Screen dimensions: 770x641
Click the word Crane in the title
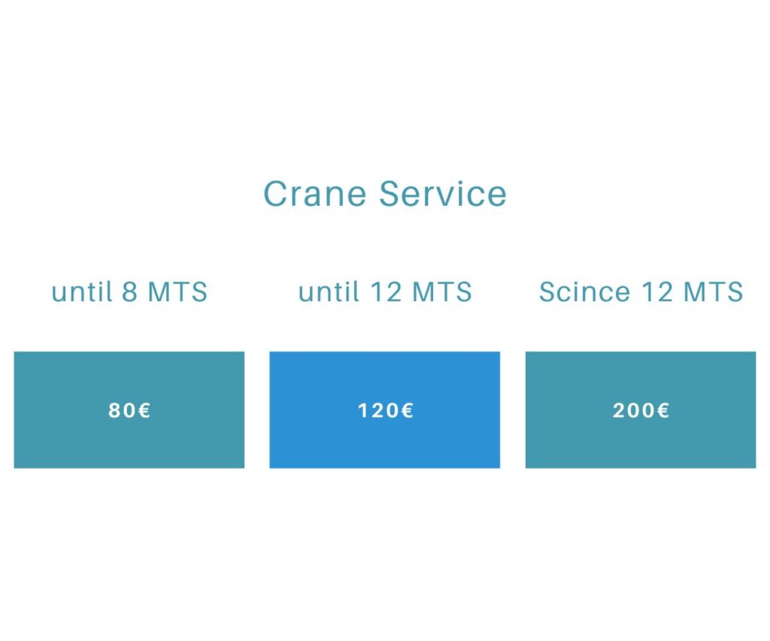(x=315, y=193)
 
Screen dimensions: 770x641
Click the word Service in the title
(x=442, y=193)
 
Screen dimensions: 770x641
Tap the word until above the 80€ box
(x=82, y=292)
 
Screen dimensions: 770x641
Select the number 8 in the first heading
(x=129, y=292)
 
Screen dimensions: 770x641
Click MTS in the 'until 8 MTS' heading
(x=177, y=292)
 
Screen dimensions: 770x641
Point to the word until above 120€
(x=329, y=292)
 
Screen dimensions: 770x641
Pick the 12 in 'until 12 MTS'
(x=386, y=292)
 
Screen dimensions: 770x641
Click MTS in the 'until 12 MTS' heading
(x=442, y=292)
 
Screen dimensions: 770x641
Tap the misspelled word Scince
(x=584, y=292)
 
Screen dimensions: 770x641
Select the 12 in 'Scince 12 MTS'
(x=657, y=292)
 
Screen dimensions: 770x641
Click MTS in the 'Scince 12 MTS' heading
(x=714, y=292)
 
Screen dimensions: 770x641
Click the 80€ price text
(x=129, y=410)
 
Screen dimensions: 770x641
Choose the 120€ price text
(x=386, y=410)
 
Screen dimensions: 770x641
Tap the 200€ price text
(x=641, y=410)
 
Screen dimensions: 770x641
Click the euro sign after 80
(x=144, y=410)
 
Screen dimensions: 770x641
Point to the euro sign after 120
(x=408, y=410)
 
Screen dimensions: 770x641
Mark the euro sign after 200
(x=663, y=410)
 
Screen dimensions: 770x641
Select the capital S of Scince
(x=548, y=292)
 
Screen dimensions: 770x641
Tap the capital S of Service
(x=390, y=193)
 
